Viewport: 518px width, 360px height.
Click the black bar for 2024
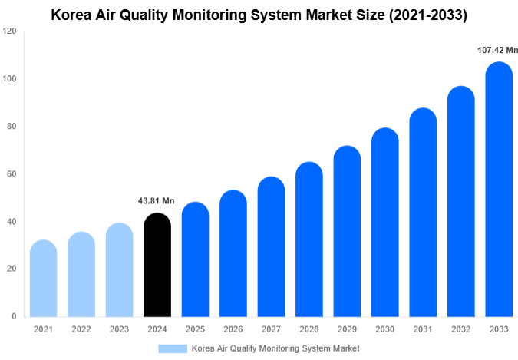click(x=157, y=265)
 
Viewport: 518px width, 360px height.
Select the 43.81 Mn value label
click(x=157, y=201)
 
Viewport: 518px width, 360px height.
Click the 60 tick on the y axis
click(x=12, y=174)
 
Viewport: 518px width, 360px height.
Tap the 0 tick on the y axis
click(x=14, y=316)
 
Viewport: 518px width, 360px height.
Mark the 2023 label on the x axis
click(x=119, y=329)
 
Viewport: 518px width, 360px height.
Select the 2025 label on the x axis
click(x=195, y=329)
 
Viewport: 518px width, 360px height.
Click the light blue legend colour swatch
click(x=173, y=348)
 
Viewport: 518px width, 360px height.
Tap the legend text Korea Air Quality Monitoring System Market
click(x=275, y=348)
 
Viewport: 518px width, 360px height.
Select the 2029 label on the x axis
click(x=347, y=329)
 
